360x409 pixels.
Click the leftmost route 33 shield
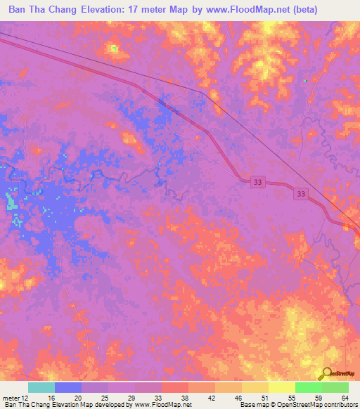coord(259,182)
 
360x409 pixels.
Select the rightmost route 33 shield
coord(302,193)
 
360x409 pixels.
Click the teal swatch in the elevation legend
coord(41,387)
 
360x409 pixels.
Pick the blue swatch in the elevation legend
coord(68,387)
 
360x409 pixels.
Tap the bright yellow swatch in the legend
coord(282,387)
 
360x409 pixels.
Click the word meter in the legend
coord(11,398)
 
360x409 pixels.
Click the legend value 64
coord(344,398)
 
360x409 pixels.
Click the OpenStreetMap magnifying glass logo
coord(327,373)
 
